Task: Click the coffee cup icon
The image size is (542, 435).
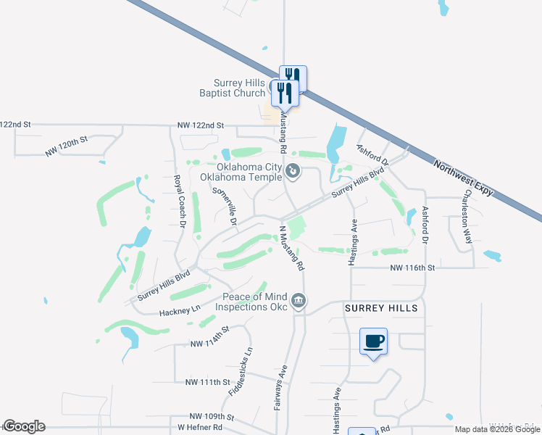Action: [374, 341]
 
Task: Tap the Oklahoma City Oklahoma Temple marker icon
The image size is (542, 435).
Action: [293, 172]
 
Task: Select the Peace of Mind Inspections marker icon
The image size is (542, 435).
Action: [298, 300]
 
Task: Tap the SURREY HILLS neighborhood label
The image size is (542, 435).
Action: [380, 308]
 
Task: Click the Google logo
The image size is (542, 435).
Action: [24, 426]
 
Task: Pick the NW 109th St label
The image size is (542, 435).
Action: [212, 417]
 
